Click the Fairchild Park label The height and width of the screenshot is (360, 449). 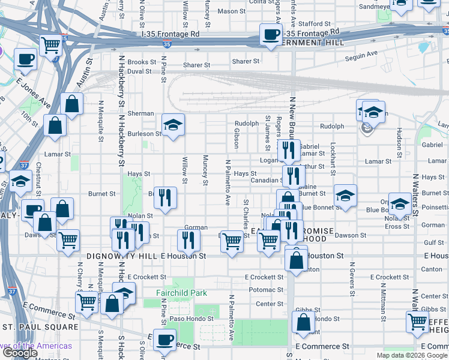point(181,293)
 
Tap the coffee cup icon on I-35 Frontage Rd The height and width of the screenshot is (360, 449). point(271,34)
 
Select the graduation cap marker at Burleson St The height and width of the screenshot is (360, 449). point(173,125)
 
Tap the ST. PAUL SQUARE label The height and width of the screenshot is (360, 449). point(40,327)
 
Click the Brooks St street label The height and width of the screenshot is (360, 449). point(142,62)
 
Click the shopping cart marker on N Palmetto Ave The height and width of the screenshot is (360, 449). point(232,241)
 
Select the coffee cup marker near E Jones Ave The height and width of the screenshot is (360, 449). point(25,59)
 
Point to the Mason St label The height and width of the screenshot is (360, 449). point(228,11)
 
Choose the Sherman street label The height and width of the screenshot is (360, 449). point(140,113)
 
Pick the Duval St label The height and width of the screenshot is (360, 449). point(139,71)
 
